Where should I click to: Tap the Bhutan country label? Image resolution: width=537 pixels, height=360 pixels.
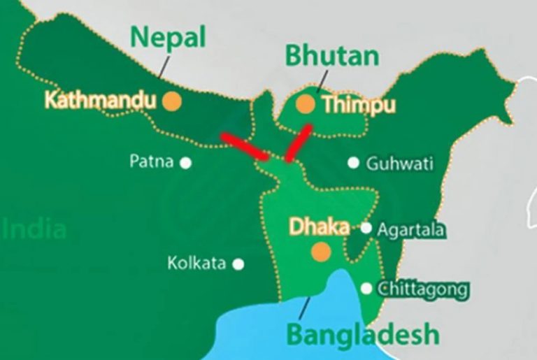point(332,55)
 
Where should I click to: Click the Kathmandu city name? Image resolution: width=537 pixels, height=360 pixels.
point(99,100)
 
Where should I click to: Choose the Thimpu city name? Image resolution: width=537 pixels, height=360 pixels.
point(358,106)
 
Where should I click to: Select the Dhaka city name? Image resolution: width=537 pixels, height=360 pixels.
point(320,228)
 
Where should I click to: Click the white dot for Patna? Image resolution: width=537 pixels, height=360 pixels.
point(186,163)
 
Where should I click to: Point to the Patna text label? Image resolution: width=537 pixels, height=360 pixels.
point(151,162)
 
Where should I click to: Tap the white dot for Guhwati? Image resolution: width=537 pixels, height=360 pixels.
point(354,163)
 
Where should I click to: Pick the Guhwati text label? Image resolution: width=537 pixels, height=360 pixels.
point(399,164)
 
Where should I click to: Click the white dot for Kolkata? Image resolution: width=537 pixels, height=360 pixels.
point(238,264)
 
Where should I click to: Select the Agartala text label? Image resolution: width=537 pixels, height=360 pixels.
point(410,229)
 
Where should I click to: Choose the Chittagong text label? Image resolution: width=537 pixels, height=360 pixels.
point(422,289)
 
